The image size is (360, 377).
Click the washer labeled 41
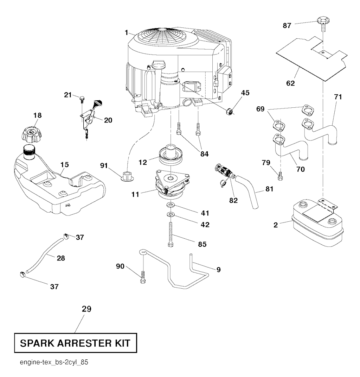(170, 205)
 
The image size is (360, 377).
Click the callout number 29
(86, 309)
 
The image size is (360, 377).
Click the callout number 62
(290, 83)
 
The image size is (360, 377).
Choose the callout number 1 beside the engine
(126, 32)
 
